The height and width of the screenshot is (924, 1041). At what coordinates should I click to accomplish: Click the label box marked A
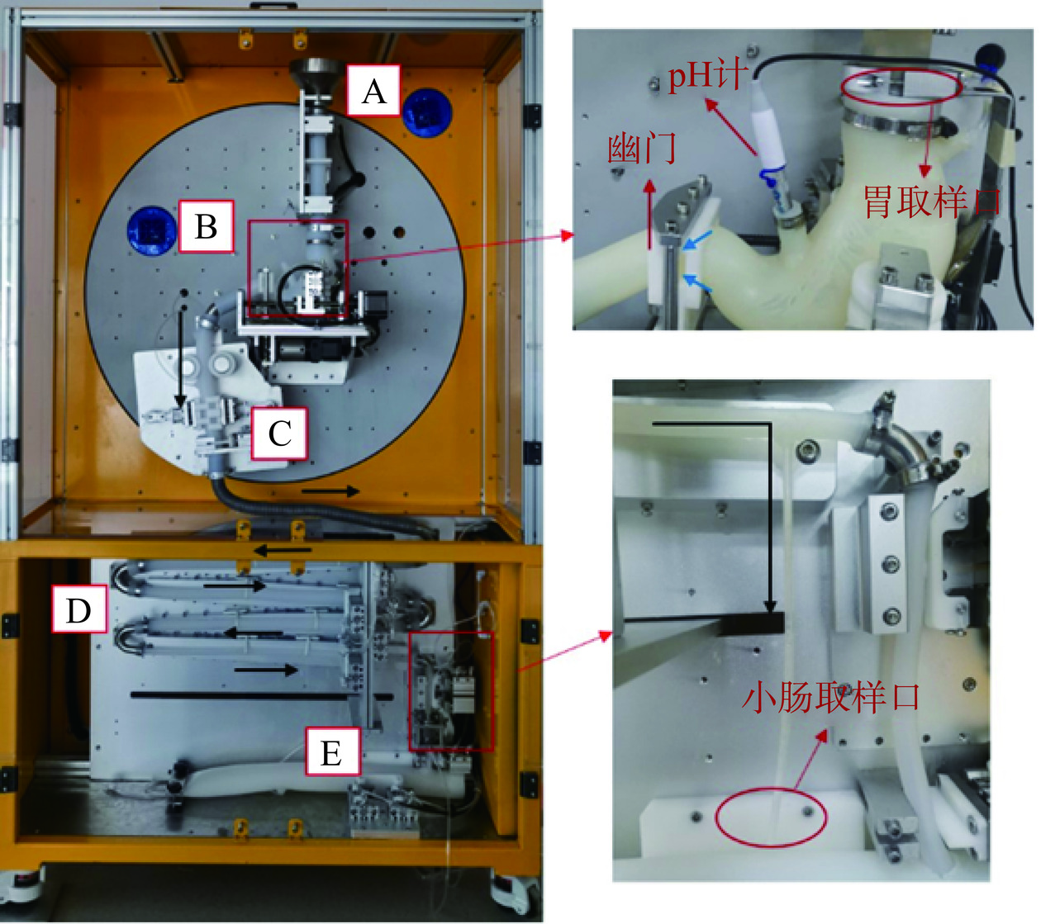373,90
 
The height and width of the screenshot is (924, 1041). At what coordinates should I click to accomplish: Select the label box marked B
206,225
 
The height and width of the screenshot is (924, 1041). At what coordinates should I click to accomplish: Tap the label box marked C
279,433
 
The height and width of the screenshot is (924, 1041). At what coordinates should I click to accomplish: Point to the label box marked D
79,609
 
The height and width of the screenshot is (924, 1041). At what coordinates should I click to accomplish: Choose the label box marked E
331,752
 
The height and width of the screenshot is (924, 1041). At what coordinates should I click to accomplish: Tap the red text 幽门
642,149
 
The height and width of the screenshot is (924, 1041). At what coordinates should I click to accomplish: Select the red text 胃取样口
933,201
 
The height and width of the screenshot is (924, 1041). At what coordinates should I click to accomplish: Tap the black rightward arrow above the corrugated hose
330,491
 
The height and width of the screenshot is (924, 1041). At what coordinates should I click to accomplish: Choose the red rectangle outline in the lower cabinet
450,691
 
